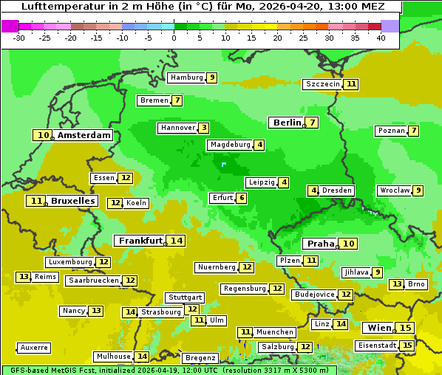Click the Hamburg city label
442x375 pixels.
click(186, 78)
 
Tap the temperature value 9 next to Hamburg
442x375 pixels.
click(211, 78)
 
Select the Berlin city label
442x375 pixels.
click(287, 123)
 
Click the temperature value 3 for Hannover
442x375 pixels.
click(203, 128)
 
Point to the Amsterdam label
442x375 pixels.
click(84, 135)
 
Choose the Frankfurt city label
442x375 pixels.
click(140, 241)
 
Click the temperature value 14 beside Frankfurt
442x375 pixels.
click(176, 241)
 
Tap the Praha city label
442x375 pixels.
click(321, 244)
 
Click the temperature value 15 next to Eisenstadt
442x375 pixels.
click(407, 345)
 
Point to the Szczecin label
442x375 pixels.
click(323, 84)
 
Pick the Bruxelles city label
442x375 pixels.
click(72, 201)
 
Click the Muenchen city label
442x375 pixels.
click(274, 332)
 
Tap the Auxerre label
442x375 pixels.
click(35, 347)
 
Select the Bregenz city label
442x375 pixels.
click(200, 357)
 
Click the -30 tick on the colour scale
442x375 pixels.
click(19, 38)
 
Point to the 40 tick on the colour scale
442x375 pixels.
click(381, 38)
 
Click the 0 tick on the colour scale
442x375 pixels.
click(174, 38)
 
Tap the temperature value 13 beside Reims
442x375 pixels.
click(24, 277)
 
